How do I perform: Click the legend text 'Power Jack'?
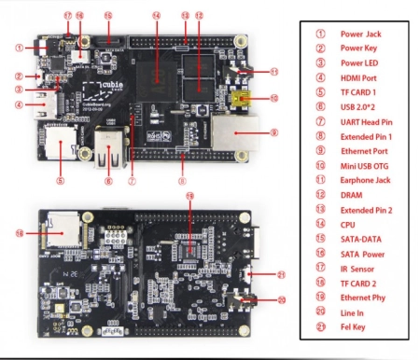point(360,35)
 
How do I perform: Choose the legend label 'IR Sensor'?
point(357,267)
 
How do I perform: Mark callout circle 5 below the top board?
point(61,180)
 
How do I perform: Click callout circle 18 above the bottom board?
point(190,197)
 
